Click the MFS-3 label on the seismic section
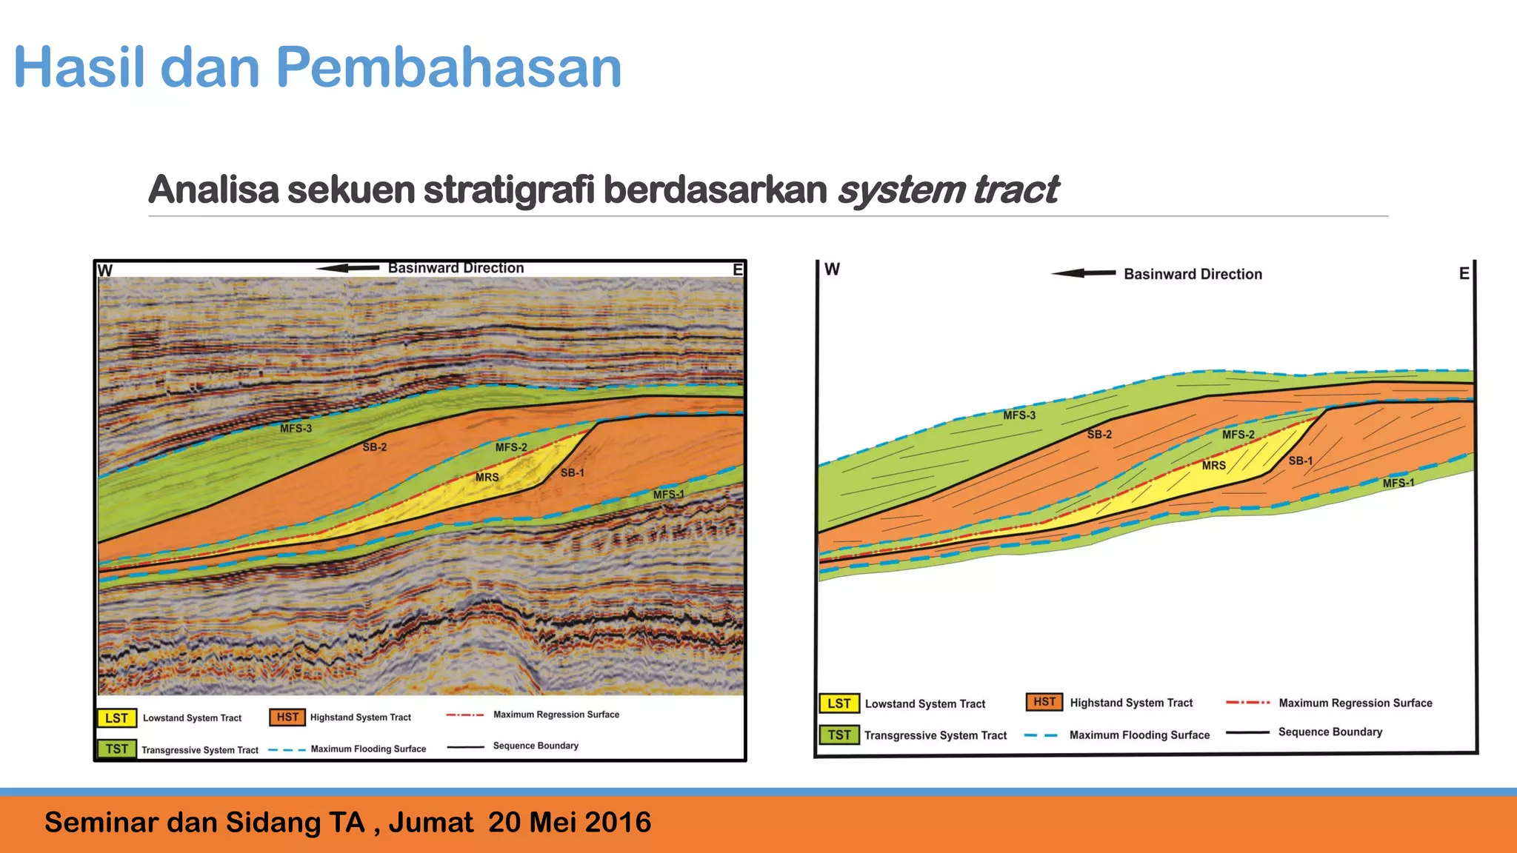tap(296, 428)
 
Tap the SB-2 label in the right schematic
tap(1099, 435)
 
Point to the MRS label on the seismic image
tap(487, 478)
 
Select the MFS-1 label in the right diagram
tap(1398, 484)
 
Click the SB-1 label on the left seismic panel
tap(572, 473)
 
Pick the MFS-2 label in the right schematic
tap(1238, 435)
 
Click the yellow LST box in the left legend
tap(116, 718)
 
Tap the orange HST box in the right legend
tap(1044, 702)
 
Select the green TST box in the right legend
tap(839, 735)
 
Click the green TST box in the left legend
tap(116, 749)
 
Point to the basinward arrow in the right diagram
tap(1083, 273)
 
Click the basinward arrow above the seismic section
tap(347, 268)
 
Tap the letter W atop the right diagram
tap(833, 270)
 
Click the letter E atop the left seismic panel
tap(737, 270)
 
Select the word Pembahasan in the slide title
tap(448, 67)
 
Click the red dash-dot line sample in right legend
tap(1247, 702)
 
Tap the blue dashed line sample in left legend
tap(287, 749)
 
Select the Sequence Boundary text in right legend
tap(1330, 732)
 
